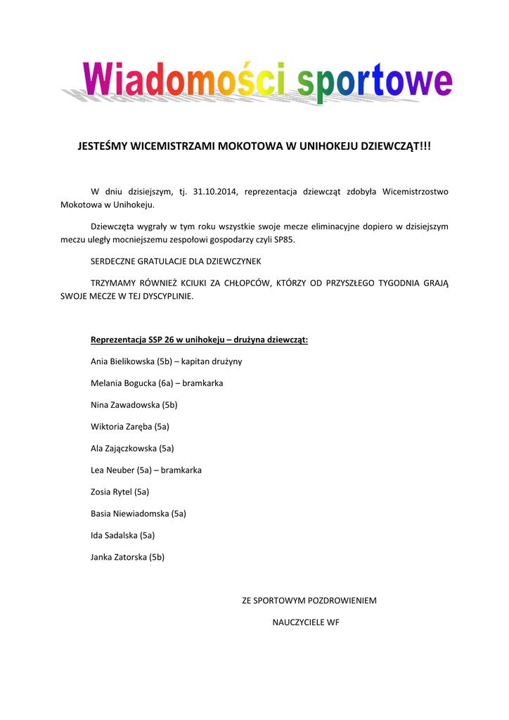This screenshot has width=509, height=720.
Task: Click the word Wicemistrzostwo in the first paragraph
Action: point(415,191)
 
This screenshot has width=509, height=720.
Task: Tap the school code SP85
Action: point(284,240)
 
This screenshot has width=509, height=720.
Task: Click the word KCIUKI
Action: point(212,283)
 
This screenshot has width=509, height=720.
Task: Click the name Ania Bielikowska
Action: point(122,361)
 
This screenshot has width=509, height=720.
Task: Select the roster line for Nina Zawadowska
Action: point(134,405)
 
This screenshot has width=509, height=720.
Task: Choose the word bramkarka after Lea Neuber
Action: point(181,470)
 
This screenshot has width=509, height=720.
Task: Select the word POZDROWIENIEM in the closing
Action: point(342,601)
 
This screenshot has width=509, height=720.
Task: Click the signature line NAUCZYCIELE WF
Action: point(306,623)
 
